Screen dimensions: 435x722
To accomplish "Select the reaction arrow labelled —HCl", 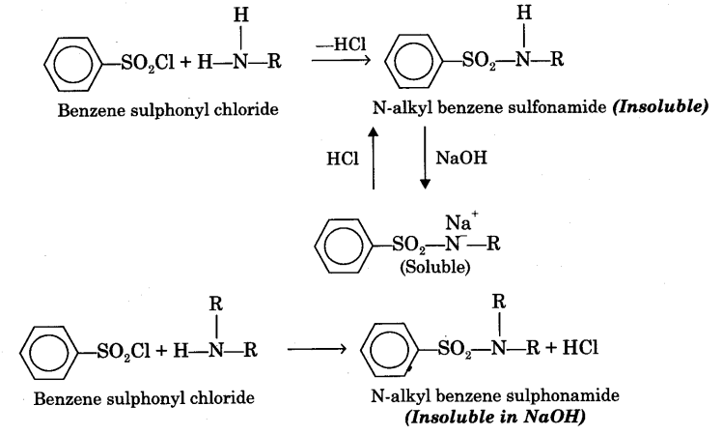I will point(339,60).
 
